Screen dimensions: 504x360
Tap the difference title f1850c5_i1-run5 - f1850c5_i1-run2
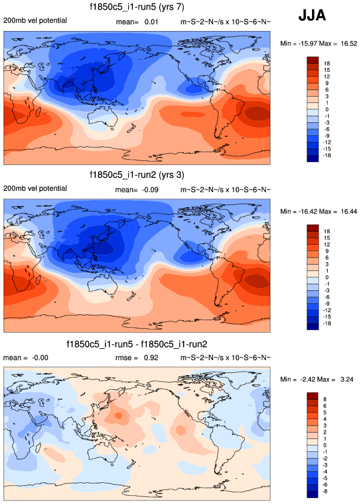coord(137,344)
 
